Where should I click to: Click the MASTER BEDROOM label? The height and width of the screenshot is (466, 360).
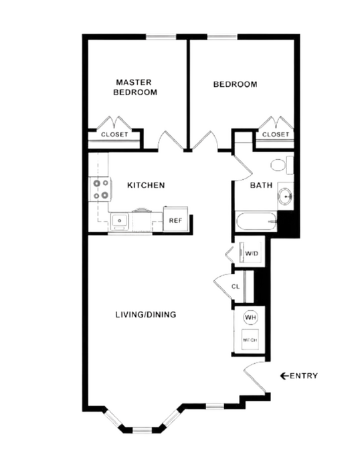point(135,87)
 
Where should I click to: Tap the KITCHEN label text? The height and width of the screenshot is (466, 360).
point(146,185)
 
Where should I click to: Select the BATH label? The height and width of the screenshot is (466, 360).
point(261,185)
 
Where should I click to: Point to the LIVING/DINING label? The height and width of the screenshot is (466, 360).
point(146,314)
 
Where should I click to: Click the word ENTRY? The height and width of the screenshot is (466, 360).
point(304,376)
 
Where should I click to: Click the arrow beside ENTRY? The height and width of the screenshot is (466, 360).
point(284,376)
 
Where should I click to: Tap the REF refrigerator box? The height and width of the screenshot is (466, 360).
point(175,219)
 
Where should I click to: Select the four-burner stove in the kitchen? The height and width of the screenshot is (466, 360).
point(100,189)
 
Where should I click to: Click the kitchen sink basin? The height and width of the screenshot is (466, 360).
point(120,221)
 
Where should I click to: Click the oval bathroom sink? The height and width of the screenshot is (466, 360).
point(286,196)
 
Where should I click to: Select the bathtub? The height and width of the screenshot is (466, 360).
point(256,221)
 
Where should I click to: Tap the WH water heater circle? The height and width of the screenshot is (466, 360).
point(250,318)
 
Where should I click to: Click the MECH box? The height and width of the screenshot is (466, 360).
point(250,340)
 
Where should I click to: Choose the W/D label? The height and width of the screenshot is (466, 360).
point(252,253)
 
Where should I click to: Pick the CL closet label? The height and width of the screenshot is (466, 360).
point(236,287)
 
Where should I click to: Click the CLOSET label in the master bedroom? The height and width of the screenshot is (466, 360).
point(114,134)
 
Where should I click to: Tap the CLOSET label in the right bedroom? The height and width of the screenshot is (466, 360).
point(276,134)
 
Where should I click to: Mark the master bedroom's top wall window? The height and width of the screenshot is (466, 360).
point(161,37)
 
